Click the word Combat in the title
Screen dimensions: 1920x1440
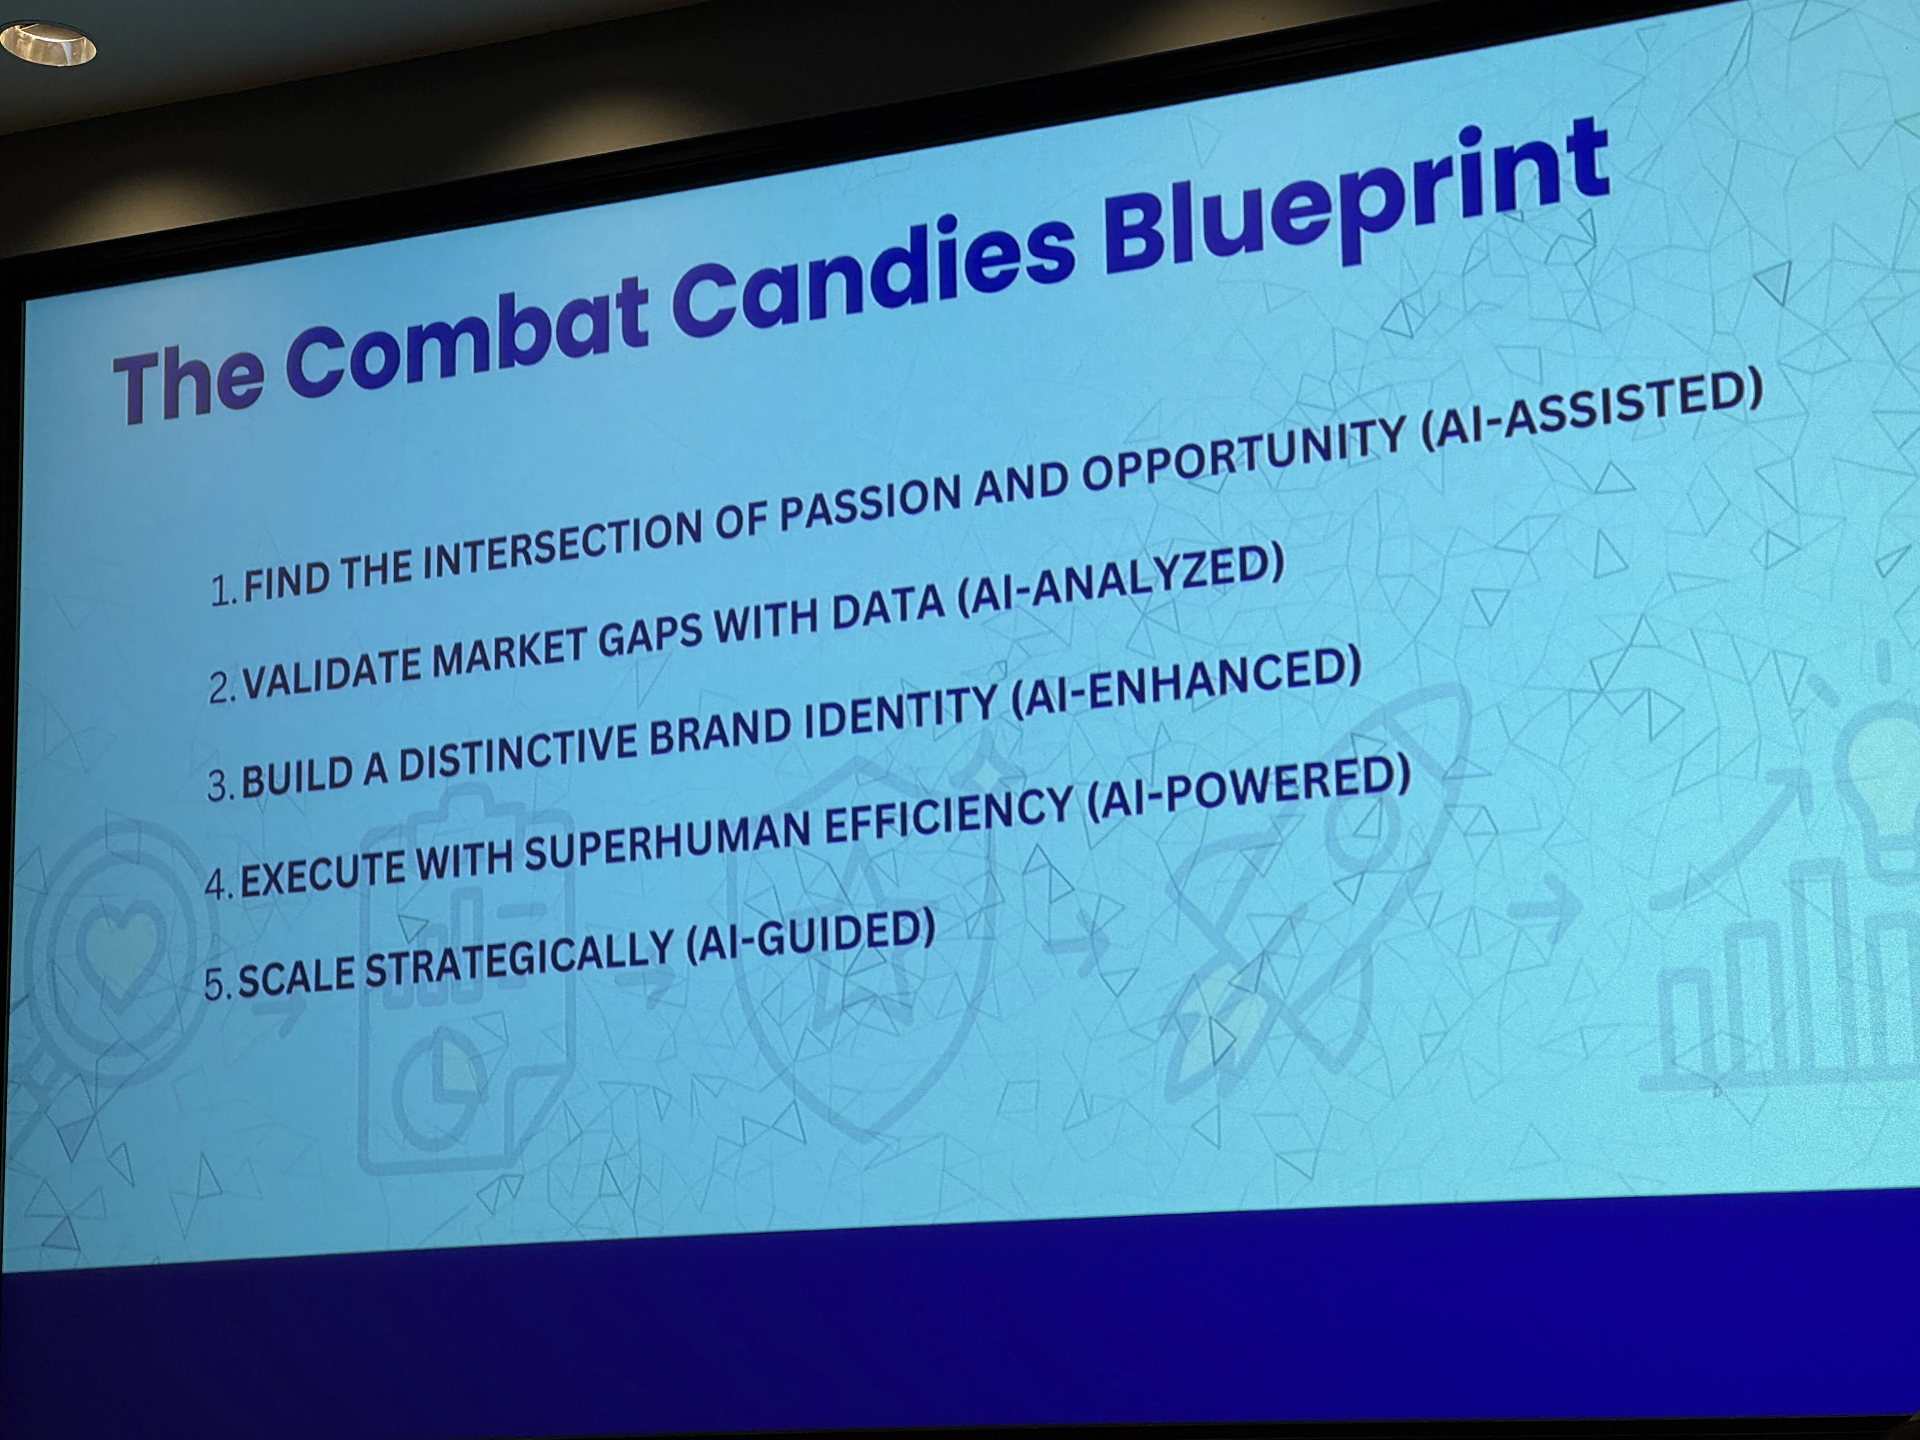(467, 337)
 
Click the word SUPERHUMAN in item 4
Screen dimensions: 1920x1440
(669, 838)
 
